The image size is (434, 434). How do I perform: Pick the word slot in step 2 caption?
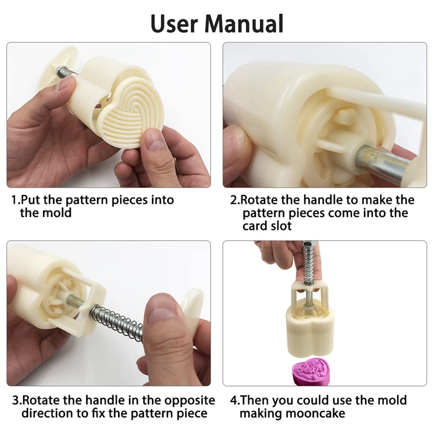click(x=280, y=226)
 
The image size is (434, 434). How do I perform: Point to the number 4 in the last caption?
click(x=233, y=401)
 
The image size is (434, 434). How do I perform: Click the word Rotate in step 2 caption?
click(x=258, y=200)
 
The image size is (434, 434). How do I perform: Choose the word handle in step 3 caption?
click(x=102, y=401)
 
